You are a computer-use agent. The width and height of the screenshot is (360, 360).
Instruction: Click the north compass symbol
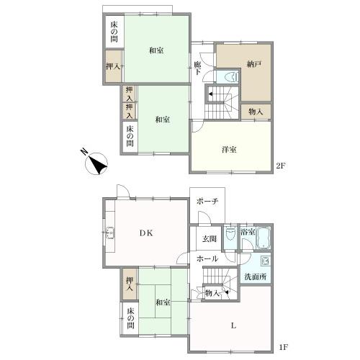click(x=96, y=163)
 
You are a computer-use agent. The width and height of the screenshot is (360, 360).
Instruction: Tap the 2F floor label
click(x=281, y=166)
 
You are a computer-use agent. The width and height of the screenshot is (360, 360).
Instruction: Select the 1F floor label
click(x=283, y=347)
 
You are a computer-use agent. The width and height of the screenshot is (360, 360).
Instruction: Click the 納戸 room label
click(x=254, y=64)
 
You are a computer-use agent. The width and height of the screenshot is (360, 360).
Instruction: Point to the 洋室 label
click(x=229, y=149)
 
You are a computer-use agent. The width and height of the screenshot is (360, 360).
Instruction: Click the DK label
click(x=146, y=233)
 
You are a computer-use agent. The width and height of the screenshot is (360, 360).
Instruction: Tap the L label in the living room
click(x=233, y=325)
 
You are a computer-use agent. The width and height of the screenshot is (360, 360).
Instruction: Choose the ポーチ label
click(x=207, y=201)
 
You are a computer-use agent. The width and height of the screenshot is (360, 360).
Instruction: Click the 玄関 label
click(x=210, y=238)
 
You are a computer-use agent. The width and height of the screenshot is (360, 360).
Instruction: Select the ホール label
click(x=207, y=258)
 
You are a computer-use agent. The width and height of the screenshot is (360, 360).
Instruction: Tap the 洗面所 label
click(x=256, y=276)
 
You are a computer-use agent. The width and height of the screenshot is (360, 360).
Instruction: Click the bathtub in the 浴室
click(x=264, y=238)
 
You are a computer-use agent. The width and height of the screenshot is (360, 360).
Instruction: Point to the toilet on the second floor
click(x=232, y=77)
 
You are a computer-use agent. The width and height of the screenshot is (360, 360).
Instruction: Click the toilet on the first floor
click(x=230, y=234)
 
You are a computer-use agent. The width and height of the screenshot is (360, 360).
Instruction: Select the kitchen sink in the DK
click(x=110, y=233)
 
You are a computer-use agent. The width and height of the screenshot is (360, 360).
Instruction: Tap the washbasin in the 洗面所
click(x=266, y=261)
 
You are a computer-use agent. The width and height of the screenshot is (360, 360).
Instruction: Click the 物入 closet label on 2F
click(x=256, y=112)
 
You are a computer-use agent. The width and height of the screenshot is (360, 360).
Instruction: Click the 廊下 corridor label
click(x=197, y=68)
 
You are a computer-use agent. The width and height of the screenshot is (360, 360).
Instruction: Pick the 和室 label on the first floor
click(x=163, y=302)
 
